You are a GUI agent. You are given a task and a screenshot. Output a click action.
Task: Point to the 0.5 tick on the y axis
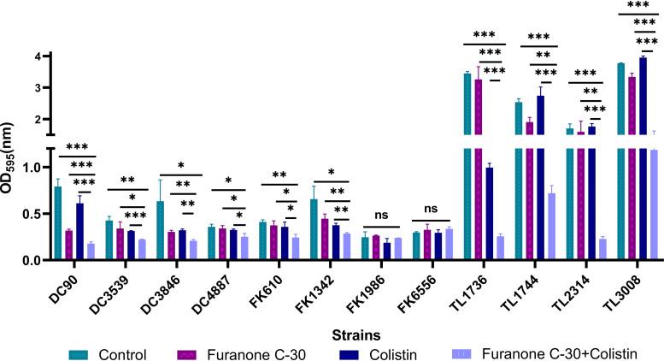click(36, 214)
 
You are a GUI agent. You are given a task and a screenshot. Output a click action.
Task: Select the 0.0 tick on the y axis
click(36, 260)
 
